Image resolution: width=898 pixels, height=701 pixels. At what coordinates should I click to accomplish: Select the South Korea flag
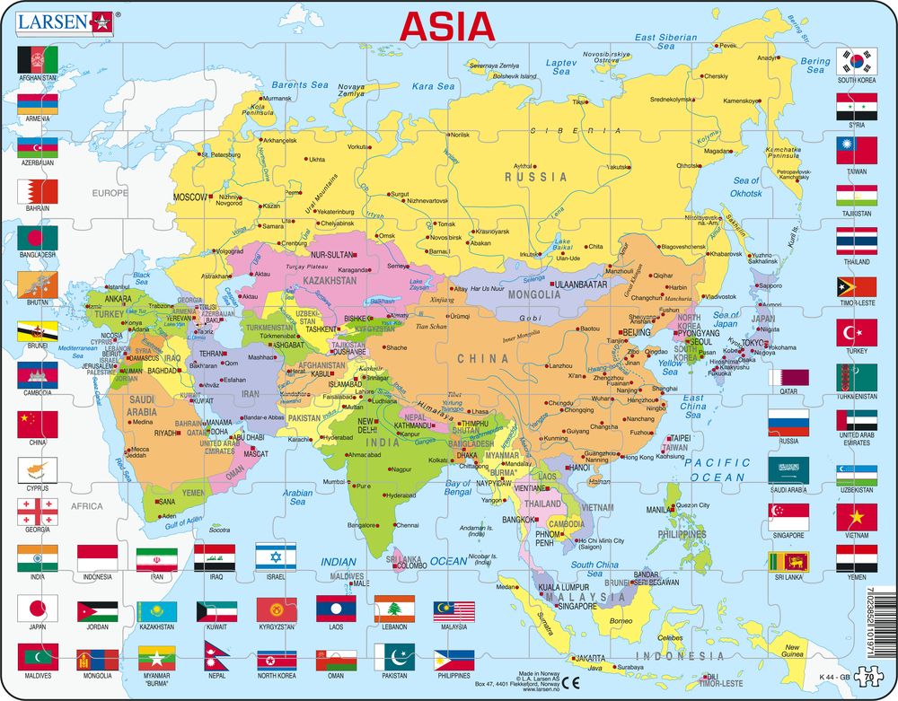[x=857, y=61]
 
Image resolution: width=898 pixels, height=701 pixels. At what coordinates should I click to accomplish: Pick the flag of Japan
[x=37, y=608]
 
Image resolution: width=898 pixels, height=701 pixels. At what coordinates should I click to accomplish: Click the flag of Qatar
[x=788, y=377]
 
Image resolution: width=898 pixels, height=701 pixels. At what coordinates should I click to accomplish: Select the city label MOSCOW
[x=189, y=196]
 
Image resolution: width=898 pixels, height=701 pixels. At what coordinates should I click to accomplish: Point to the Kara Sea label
[x=433, y=86]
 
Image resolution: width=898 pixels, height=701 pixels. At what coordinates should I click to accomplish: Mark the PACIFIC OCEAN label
[x=715, y=469]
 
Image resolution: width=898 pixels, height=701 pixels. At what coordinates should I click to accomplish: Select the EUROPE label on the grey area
[x=110, y=192]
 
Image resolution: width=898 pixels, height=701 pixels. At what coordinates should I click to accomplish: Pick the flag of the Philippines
[x=453, y=660]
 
